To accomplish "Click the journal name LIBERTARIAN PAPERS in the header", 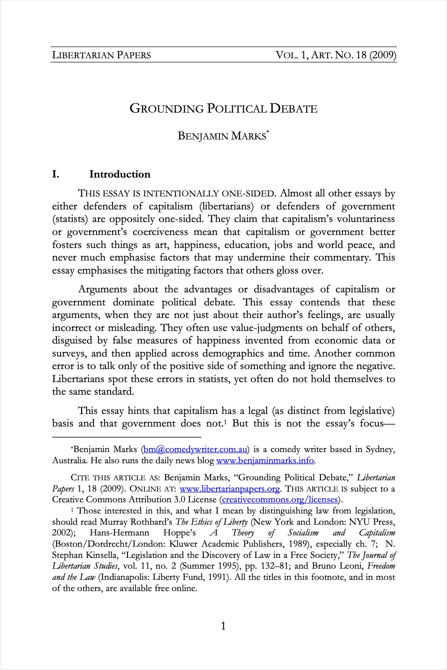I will tap(101, 55).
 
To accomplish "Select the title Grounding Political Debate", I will tap(223, 109).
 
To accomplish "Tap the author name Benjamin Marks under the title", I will tap(222, 136).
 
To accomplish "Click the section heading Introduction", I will tap(120, 174).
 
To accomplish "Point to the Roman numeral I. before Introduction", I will tap(56, 174).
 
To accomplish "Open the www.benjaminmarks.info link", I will tap(265, 461).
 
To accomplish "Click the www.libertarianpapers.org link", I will tap(229, 488).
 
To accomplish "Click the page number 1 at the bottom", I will tap(223, 626).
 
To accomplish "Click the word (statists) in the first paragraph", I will tap(70, 219).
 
